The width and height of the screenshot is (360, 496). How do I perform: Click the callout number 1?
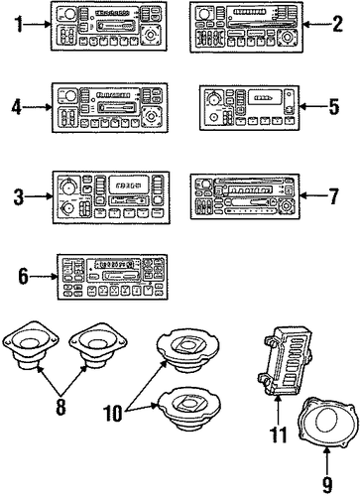click(20, 24)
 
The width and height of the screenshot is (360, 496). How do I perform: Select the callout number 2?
click(337, 24)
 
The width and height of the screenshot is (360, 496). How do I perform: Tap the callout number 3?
click(19, 196)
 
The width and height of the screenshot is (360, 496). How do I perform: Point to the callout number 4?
click(17, 107)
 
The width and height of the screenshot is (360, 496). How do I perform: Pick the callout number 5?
click(333, 106)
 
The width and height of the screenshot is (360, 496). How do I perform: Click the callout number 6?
click(23, 277)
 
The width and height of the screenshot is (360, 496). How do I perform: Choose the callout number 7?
click(333, 195)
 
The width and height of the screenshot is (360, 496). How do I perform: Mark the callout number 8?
click(60, 407)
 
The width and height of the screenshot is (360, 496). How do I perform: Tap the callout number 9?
click(326, 485)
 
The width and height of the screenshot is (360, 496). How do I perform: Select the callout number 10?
click(113, 413)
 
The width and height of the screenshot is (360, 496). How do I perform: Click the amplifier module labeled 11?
click(284, 360)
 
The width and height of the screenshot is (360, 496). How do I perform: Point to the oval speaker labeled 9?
click(328, 421)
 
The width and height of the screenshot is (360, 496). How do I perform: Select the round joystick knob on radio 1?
click(151, 35)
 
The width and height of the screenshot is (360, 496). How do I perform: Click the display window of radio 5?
click(264, 97)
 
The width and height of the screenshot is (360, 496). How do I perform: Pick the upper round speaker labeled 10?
click(187, 350)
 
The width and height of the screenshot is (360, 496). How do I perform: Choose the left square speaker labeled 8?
click(31, 345)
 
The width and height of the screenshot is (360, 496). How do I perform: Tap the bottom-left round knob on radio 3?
click(68, 208)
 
